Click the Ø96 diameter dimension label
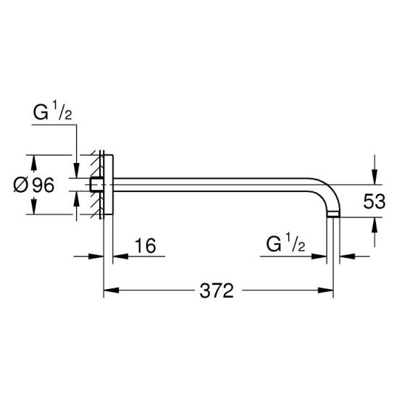click(x=33, y=185)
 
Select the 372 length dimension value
click(x=217, y=291)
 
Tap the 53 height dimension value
click(x=375, y=201)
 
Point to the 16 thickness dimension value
click(x=145, y=246)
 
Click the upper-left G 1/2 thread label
click(x=52, y=111)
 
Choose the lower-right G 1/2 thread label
click(x=285, y=243)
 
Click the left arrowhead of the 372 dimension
click(x=112, y=291)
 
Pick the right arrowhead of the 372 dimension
click(x=325, y=291)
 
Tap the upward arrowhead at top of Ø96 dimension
click(x=33, y=162)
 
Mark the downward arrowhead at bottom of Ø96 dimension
click(x=33, y=206)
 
